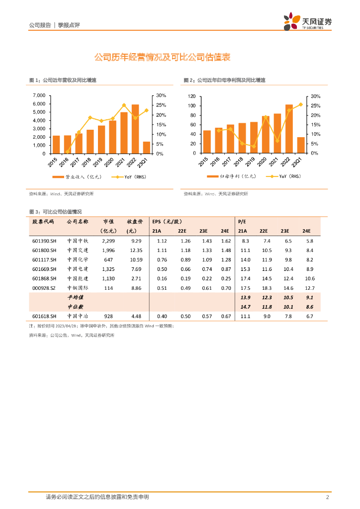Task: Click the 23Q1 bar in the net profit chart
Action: (301, 145)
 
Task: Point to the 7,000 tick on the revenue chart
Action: (39, 95)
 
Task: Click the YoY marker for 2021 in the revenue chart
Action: (124, 105)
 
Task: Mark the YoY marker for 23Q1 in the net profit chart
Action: (300, 104)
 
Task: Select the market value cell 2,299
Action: (108, 241)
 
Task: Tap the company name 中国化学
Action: (77, 259)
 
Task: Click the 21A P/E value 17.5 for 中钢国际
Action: (245, 287)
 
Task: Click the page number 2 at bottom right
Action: (327, 497)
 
